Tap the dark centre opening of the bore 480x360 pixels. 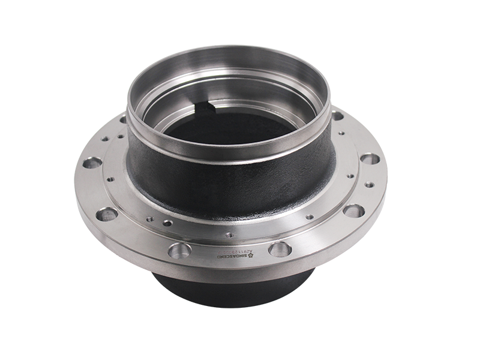(228, 132)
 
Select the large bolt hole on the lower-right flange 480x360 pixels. (354, 210)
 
